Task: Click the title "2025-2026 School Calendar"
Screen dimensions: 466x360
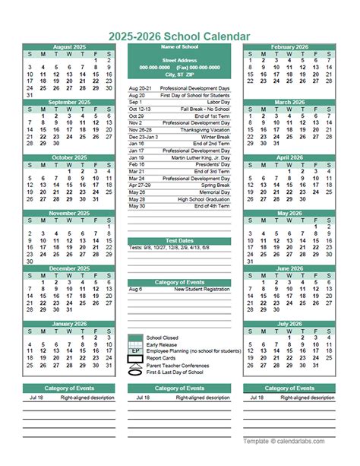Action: click(179, 36)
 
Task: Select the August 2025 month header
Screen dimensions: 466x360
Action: click(68, 47)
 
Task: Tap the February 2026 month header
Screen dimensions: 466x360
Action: click(289, 47)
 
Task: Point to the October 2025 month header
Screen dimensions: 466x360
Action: click(68, 157)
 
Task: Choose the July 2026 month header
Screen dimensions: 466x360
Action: click(289, 323)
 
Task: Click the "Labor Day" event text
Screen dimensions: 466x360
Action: click(218, 102)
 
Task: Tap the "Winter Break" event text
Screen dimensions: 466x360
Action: click(213, 136)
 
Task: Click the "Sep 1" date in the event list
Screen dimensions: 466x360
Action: click(136, 102)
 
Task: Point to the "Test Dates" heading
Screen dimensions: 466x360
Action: click(179, 240)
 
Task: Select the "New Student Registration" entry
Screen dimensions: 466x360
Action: click(201, 289)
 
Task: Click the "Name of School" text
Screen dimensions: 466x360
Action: click(179, 47)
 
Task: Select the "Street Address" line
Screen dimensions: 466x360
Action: click(179, 59)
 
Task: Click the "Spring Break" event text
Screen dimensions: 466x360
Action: click(215, 185)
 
